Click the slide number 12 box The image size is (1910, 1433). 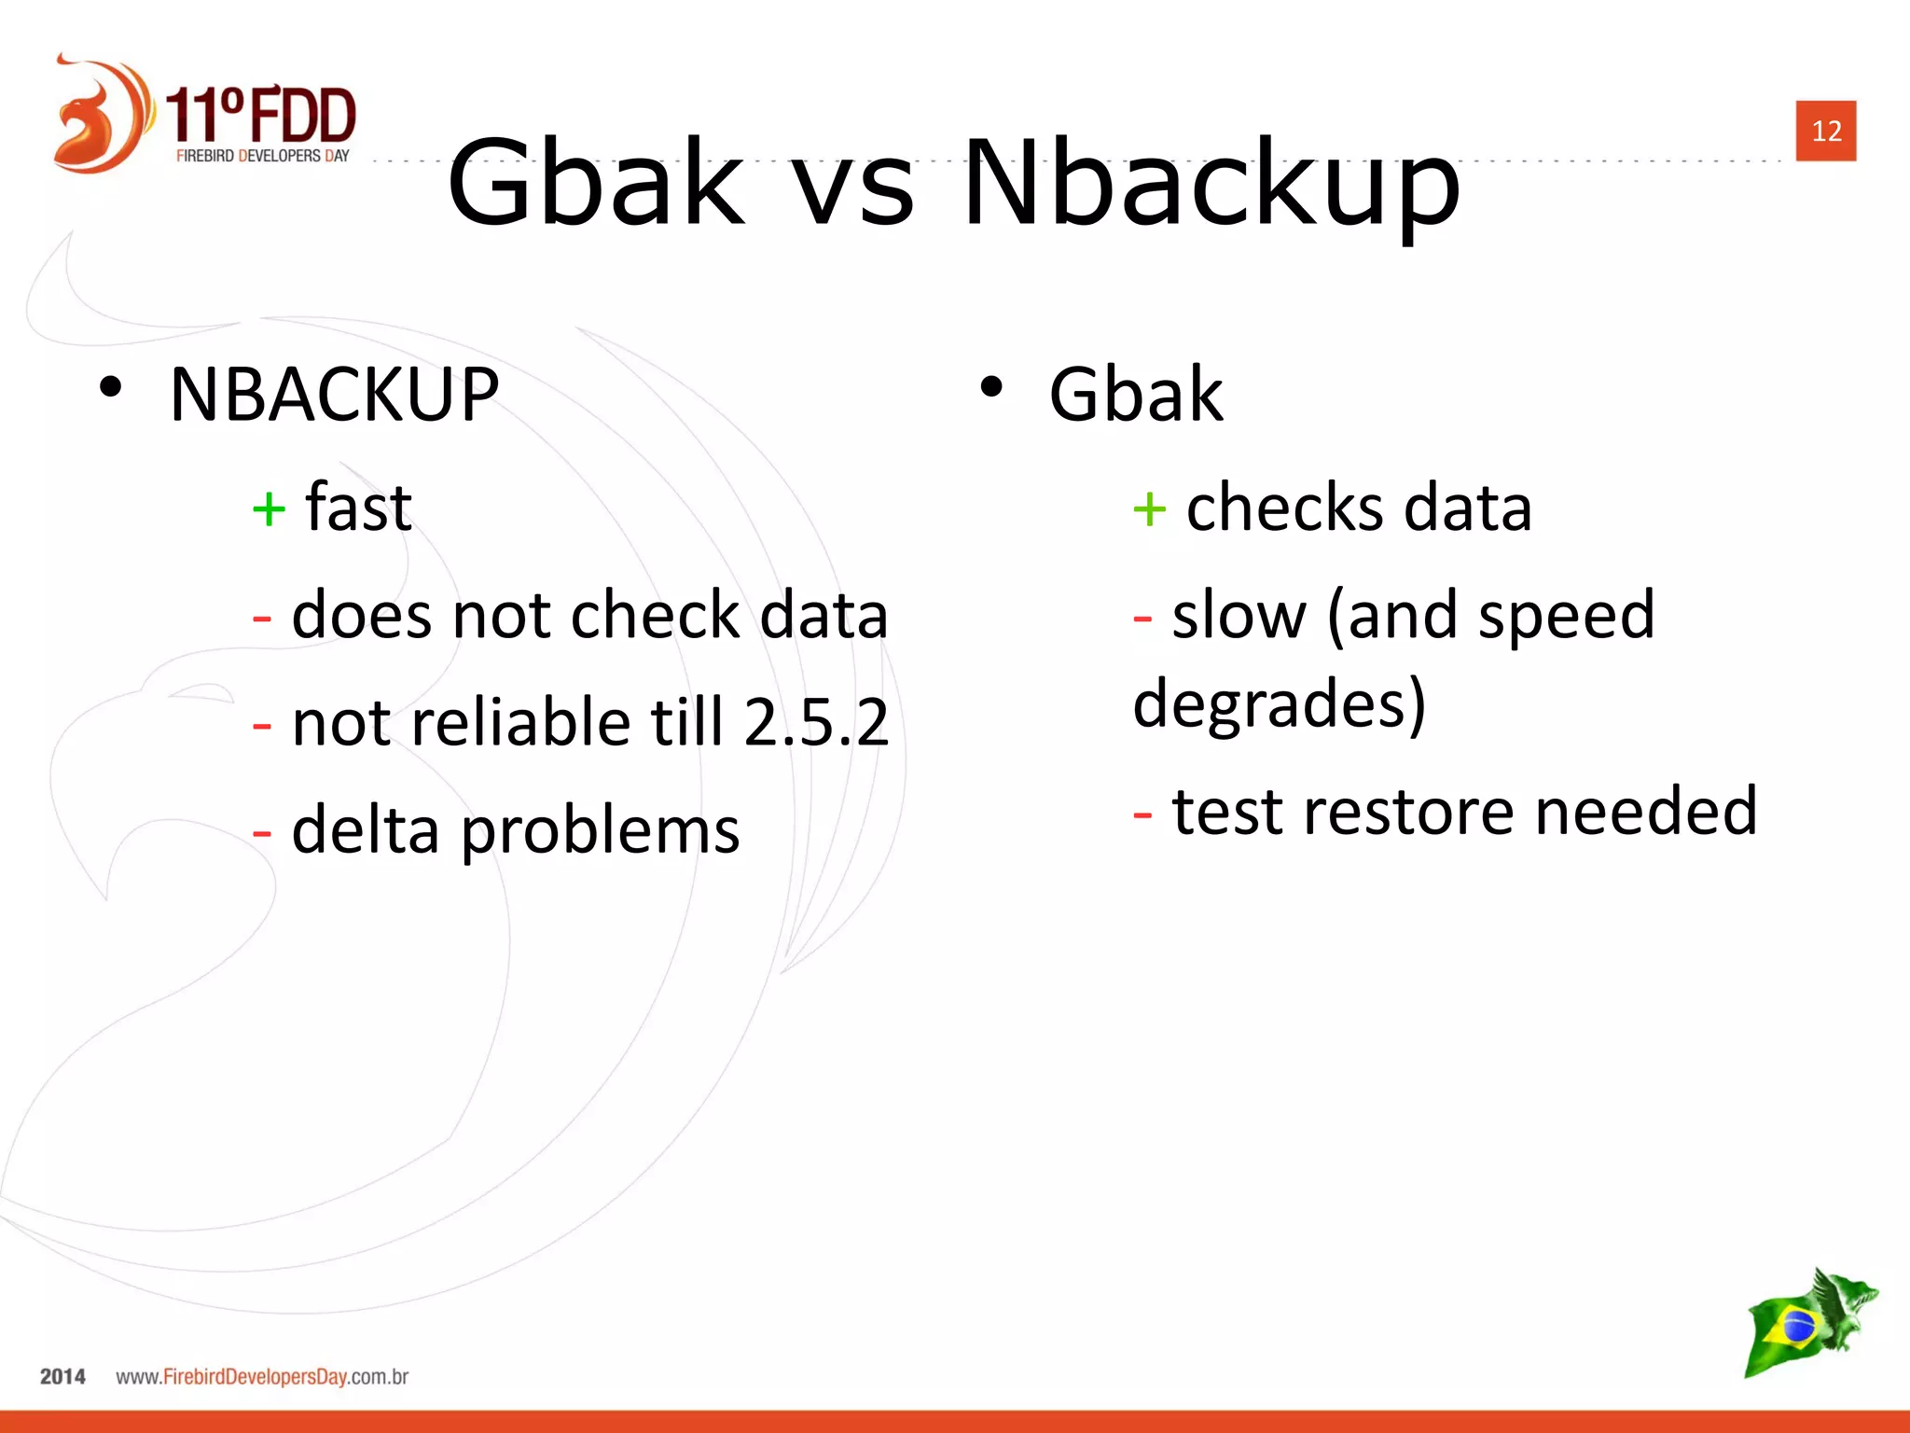(1825, 131)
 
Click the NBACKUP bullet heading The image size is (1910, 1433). (334, 395)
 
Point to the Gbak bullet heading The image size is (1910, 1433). (1135, 395)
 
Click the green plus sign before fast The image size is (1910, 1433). (269, 509)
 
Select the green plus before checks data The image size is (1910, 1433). (1149, 509)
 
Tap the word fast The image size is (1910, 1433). (359, 508)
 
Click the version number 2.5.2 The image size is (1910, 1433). (816, 722)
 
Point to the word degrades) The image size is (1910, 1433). (1279, 705)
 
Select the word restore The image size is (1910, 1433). (1409, 811)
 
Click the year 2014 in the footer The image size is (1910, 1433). (62, 1377)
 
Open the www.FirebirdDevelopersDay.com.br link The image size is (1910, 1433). (262, 1377)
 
